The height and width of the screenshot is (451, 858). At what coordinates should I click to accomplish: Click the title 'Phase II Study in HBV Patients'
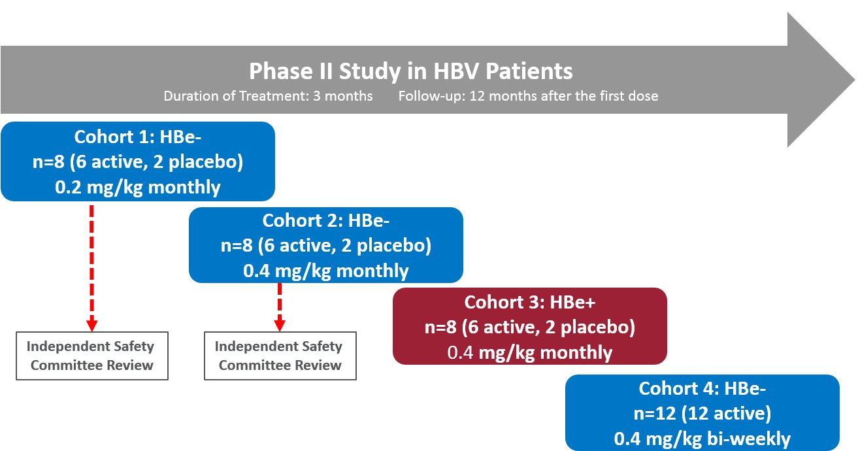tap(410, 71)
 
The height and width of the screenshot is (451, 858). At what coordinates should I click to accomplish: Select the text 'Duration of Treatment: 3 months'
tap(268, 96)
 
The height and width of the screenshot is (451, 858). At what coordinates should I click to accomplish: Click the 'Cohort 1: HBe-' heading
tap(137, 137)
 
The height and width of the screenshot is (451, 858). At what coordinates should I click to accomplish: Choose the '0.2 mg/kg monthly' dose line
tap(137, 188)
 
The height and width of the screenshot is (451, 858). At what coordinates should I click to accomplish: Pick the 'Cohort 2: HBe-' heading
tap(325, 220)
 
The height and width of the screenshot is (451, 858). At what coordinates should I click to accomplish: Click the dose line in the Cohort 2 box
tap(325, 271)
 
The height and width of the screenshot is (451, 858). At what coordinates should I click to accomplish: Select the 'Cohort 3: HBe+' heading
tap(529, 303)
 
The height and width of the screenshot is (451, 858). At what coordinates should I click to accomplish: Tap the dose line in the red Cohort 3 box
tap(529, 353)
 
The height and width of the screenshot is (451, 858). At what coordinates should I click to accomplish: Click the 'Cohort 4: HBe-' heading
tap(702, 389)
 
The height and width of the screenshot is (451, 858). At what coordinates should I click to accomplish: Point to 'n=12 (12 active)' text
tap(702, 414)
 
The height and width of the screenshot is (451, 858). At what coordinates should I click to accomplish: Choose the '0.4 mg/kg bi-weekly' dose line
tap(702, 439)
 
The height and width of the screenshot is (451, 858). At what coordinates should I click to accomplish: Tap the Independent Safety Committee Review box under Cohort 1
tap(92, 356)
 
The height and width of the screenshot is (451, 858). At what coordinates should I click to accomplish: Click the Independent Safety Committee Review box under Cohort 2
tap(280, 356)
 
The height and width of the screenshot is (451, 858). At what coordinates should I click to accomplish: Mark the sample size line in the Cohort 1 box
tap(137, 162)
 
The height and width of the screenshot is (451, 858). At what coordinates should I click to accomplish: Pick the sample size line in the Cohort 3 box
tap(529, 327)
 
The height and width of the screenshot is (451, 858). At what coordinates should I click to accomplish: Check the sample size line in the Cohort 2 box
tap(325, 246)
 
